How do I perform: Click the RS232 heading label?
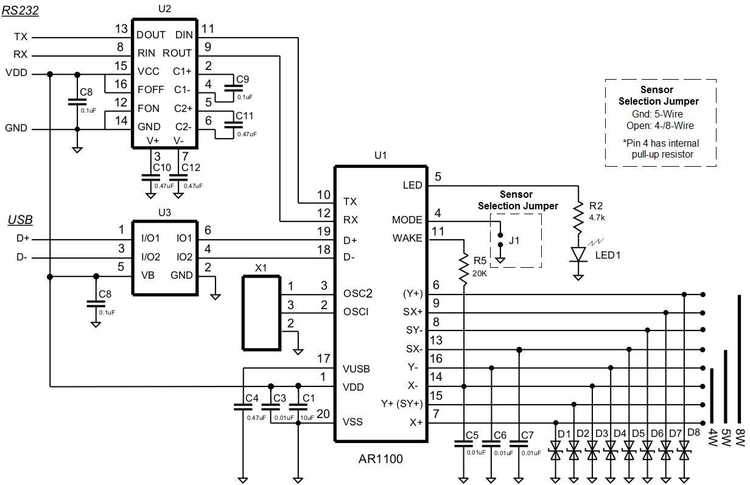click(19, 12)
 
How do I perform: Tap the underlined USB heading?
click(20, 220)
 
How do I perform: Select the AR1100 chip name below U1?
click(380, 459)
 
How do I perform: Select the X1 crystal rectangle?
click(261, 313)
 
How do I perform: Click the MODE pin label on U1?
click(407, 220)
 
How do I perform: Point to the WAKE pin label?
click(407, 239)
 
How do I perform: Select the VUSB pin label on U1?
click(356, 369)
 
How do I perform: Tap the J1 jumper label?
click(514, 240)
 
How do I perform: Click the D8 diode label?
click(693, 433)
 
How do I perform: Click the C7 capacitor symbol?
click(519, 444)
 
